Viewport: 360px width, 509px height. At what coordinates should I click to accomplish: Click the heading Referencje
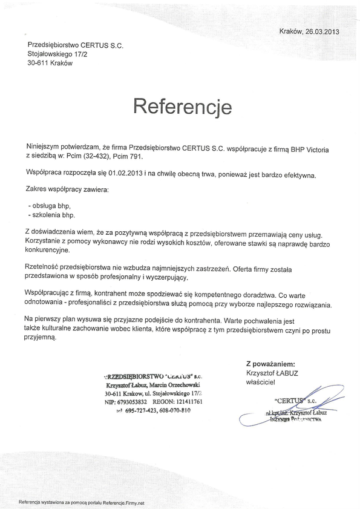pyautogui.click(x=182, y=107)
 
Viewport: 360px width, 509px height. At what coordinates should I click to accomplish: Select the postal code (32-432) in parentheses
pyautogui.click(x=99, y=157)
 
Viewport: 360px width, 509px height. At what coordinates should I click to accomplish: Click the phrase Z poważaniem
pyautogui.click(x=270, y=364)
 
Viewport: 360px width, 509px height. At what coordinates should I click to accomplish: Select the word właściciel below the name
pyautogui.click(x=260, y=383)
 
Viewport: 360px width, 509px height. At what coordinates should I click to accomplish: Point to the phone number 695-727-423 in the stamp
pyautogui.click(x=140, y=410)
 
